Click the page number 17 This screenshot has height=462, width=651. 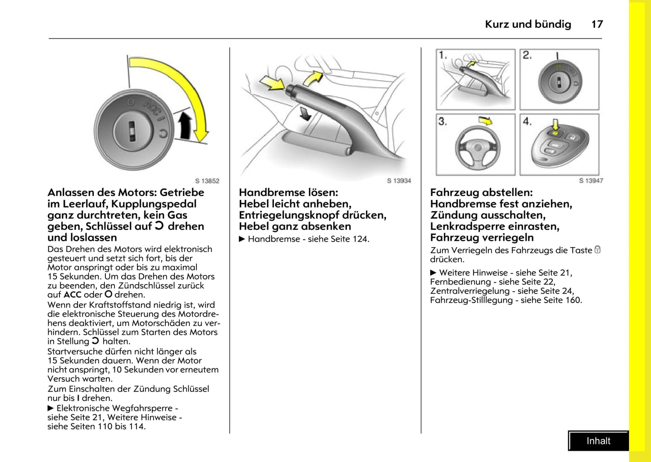(597, 24)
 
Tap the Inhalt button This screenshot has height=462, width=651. (598, 441)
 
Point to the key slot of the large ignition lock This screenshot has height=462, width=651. (132, 131)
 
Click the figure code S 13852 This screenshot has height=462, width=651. (207, 181)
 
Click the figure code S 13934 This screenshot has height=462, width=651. (399, 181)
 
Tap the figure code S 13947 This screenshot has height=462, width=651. (591, 181)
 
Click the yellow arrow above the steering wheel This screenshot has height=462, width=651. (486, 121)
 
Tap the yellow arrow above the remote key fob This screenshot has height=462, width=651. (555, 124)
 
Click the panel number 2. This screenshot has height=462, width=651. (527, 55)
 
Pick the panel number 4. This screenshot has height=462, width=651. (527, 121)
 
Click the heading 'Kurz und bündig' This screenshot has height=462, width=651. (528, 24)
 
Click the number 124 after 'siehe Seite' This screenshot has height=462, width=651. (360, 239)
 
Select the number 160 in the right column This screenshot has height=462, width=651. (573, 300)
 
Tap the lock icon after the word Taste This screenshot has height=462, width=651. (597, 249)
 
